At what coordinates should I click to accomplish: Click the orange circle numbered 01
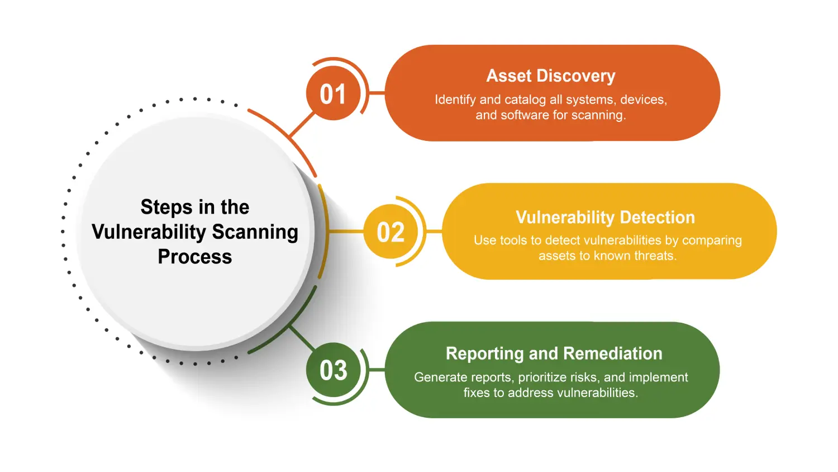tap(334, 93)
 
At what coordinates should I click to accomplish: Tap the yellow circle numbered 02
tap(391, 232)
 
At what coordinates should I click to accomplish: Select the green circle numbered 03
tap(334, 370)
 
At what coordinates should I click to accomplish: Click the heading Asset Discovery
tap(551, 76)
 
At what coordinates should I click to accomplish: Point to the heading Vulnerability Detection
tap(605, 218)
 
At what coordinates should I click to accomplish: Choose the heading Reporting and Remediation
tap(554, 353)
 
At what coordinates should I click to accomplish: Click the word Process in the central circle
tap(194, 257)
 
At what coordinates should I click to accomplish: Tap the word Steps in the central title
tap(163, 207)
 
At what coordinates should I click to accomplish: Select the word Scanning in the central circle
tap(255, 232)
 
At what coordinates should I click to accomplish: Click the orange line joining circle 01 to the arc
tap(302, 124)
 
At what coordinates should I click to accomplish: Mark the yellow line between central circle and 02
tap(346, 232)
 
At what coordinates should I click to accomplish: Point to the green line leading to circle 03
tap(302, 338)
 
